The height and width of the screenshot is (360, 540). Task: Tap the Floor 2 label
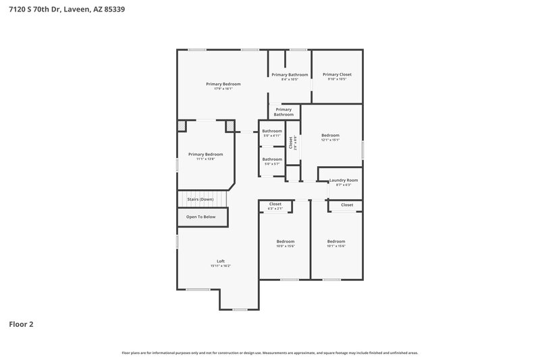(21, 324)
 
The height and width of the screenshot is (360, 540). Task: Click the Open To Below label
(201, 217)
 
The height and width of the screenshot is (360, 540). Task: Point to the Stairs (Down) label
(200, 199)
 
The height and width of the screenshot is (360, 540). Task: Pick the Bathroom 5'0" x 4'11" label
(272, 132)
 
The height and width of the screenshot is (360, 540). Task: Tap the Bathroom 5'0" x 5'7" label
(272, 161)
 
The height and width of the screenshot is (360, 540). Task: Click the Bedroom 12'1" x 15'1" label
(330, 137)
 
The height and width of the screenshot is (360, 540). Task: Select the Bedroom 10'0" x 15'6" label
(286, 243)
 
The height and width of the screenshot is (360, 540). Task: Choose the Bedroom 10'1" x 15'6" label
(336, 243)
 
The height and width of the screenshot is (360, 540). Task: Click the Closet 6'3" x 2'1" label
(275, 205)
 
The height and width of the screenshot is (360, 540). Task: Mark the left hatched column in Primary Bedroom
(182, 126)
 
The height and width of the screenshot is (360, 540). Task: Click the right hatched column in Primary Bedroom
(230, 126)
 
